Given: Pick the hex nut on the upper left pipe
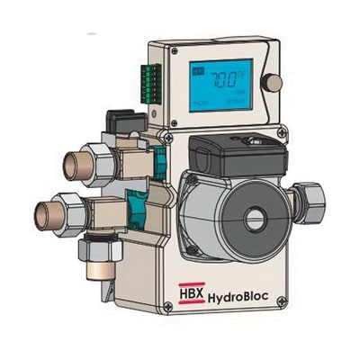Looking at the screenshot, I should (x=99, y=159).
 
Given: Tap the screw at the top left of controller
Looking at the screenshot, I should (x=154, y=49).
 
